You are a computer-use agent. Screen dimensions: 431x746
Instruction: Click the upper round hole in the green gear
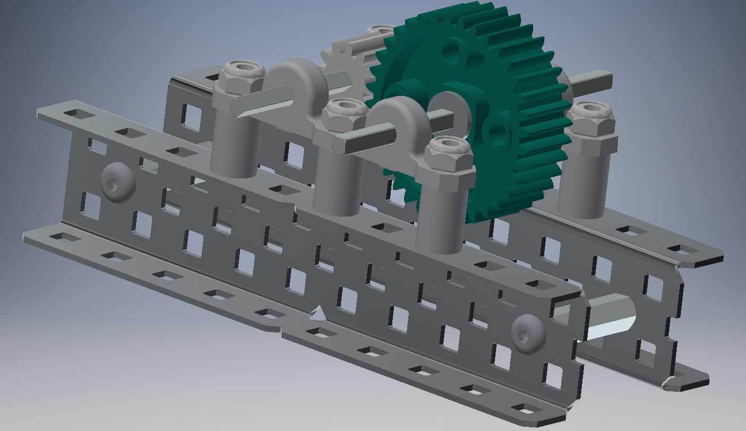point(452,51)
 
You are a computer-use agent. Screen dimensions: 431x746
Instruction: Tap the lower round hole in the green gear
point(496,133)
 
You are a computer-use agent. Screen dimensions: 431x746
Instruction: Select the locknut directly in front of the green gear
point(449,154)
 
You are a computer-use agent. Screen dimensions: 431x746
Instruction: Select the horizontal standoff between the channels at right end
point(609,318)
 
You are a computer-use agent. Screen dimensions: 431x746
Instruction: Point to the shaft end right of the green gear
point(596,80)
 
